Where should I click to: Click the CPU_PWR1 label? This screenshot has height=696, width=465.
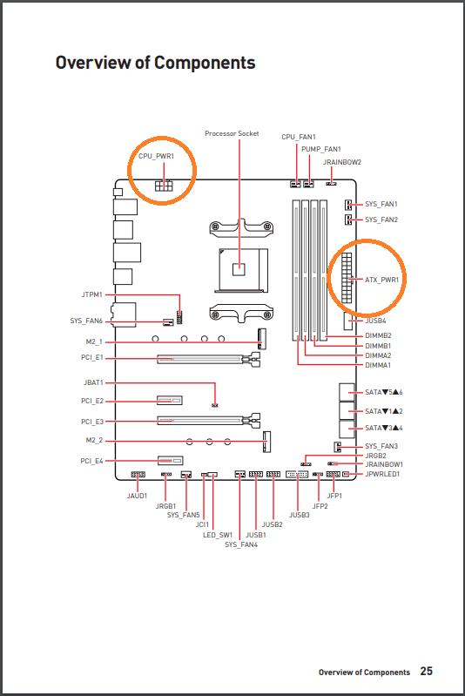tap(156, 156)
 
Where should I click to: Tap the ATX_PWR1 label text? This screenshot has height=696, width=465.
tap(381, 280)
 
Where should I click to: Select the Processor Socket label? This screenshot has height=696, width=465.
tap(232, 133)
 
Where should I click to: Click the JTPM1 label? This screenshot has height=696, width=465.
tap(91, 294)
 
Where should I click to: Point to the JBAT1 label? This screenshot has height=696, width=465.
tap(93, 382)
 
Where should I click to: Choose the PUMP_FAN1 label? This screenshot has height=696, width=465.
tap(321, 149)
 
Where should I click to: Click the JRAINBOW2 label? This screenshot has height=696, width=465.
tap(342, 162)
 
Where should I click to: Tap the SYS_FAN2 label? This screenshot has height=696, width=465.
tap(381, 220)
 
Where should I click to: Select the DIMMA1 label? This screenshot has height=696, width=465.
tap(378, 365)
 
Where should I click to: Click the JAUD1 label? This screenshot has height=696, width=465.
tap(137, 496)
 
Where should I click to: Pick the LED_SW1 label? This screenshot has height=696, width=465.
tap(218, 535)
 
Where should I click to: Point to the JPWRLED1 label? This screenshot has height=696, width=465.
tap(382, 474)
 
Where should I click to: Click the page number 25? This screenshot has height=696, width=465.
tap(427, 671)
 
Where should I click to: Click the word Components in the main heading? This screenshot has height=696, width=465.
tap(205, 63)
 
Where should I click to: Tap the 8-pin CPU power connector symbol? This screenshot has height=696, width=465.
tap(164, 186)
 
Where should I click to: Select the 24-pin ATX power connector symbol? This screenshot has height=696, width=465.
tap(347, 278)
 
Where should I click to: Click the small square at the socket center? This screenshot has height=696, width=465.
tap(239, 268)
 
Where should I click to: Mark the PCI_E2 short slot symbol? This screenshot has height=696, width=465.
tap(170, 401)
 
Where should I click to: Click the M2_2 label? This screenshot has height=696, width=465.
tap(94, 440)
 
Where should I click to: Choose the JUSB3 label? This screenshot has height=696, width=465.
tap(300, 515)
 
